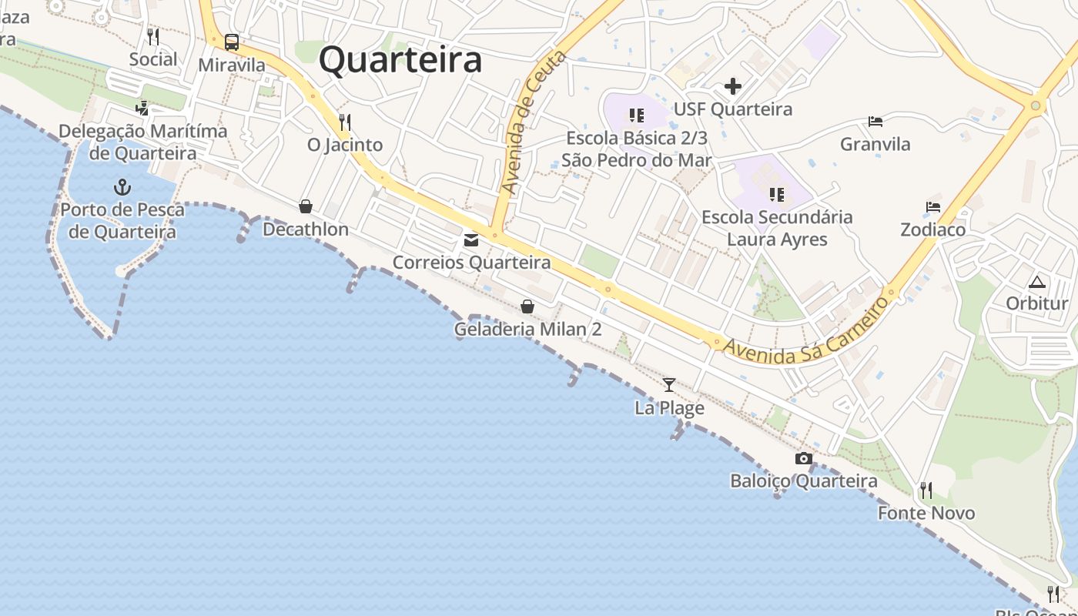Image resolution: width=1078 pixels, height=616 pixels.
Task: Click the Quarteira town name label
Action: (x=400, y=59)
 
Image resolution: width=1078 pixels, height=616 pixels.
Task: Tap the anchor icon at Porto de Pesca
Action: (x=122, y=187)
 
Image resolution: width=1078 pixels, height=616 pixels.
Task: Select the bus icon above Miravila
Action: (x=232, y=42)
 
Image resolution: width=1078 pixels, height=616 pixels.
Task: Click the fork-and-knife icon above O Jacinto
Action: (x=345, y=122)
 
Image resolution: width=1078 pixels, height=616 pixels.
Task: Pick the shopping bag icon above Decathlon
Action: (x=306, y=206)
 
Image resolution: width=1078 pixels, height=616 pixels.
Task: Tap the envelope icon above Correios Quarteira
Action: (x=471, y=240)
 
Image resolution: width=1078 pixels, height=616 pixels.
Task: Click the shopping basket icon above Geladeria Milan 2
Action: (x=527, y=306)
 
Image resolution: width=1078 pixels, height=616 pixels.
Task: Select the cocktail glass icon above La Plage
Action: (x=669, y=384)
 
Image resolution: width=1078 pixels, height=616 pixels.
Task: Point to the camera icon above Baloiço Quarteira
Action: (x=803, y=459)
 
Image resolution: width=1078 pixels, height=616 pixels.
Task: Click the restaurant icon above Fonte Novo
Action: (x=926, y=490)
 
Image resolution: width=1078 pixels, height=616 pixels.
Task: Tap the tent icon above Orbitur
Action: (x=1037, y=281)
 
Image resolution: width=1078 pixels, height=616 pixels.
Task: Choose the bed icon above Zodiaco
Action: (x=933, y=207)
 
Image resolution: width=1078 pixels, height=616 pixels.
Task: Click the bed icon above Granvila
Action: (x=875, y=122)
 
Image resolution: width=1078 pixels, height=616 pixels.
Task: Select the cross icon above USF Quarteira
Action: (x=733, y=86)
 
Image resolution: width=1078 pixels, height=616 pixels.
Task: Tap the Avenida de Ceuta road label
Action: (x=533, y=123)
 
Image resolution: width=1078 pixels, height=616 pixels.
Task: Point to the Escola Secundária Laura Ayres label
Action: (x=777, y=228)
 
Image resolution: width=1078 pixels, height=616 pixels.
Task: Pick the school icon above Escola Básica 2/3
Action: (x=636, y=115)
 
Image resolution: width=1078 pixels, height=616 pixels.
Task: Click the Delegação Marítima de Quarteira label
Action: (x=143, y=142)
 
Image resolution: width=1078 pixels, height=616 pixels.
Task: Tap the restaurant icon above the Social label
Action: (x=153, y=36)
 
